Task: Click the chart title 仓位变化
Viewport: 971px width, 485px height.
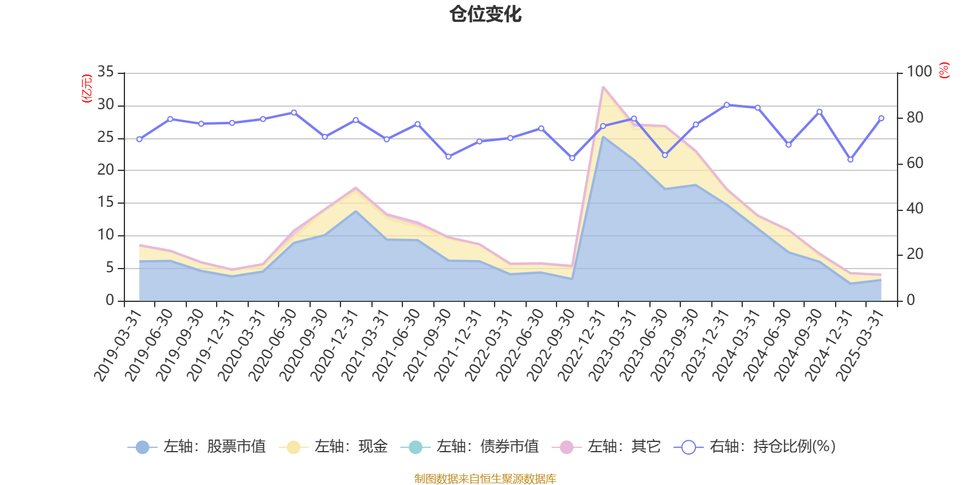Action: pyautogui.click(x=486, y=14)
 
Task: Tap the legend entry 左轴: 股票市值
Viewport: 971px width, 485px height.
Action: pyautogui.click(x=197, y=447)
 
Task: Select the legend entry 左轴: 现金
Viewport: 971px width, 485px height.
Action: pyautogui.click(x=333, y=447)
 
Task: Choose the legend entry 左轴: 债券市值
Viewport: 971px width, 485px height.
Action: pyautogui.click(x=470, y=447)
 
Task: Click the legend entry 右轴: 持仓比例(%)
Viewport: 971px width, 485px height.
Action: pyautogui.click(x=755, y=447)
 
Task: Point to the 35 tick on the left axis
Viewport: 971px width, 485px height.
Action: pyautogui.click(x=106, y=72)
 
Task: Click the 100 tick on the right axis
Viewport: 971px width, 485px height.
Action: pyautogui.click(x=919, y=72)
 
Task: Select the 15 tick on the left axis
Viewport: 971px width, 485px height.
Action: pyautogui.click(x=106, y=202)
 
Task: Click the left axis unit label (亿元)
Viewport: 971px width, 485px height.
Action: pyautogui.click(x=87, y=89)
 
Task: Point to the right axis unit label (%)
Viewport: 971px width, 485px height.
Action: pyautogui.click(x=944, y=70)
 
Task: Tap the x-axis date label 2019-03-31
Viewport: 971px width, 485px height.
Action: pyautogui.click(x=118, y=344)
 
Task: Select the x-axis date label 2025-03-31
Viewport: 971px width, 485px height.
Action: pyautogui.click(x=860, y=344)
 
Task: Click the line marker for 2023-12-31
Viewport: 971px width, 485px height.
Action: pyautogui.click(x=726, y=105)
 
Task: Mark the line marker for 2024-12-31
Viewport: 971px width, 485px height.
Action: pyautogui.click(x=850, y=160)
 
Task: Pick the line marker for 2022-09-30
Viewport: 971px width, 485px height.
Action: pyautogui.click(x=572, y=158)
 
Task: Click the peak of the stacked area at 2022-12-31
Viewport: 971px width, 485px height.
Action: pyautogui.click(x=603, y=87)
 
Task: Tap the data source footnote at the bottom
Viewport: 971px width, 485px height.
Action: pyautogui.click(x=486, y=479)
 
